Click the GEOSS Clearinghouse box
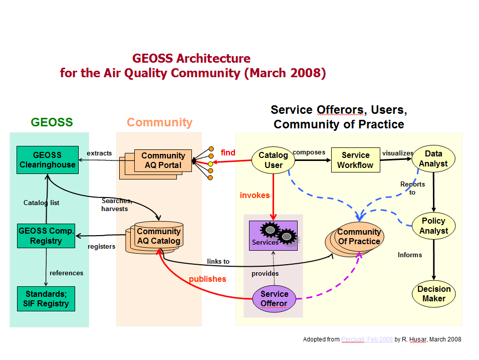(x=47, y=160)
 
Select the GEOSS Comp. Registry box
(x=46, y=236)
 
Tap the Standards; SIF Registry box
(x=46, y=299)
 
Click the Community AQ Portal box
(x=163, y=160)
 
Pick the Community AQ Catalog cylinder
(x=158, y=236)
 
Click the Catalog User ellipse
(x=273, y=160)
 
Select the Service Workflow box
(x=355, y=160)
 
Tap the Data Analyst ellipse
(x=433, y=158)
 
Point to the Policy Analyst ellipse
(x=433, y=226)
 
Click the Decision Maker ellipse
(x=434, y=293)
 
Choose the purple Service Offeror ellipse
(x=274, y=298)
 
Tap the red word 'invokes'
(x=255, y=195)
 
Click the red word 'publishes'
(x=207, y=279)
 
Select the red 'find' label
(x=228, y=152)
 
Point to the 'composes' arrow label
(x=309, y=152)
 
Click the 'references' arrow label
(x=66, y=273)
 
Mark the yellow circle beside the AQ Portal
(x=211, y=163)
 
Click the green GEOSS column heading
(x=52, y=122)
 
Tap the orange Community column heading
(x=159, y=122)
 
